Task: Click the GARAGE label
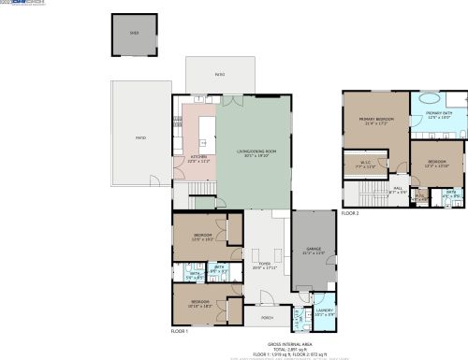coord(313,250)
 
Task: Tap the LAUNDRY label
coord(325,310)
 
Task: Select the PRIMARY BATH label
coord(439,115)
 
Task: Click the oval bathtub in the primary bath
coord(431,98)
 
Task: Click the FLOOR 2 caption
coord(350,213)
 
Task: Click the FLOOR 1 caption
coord(180,331)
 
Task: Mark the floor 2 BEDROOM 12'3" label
coord(437,163)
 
